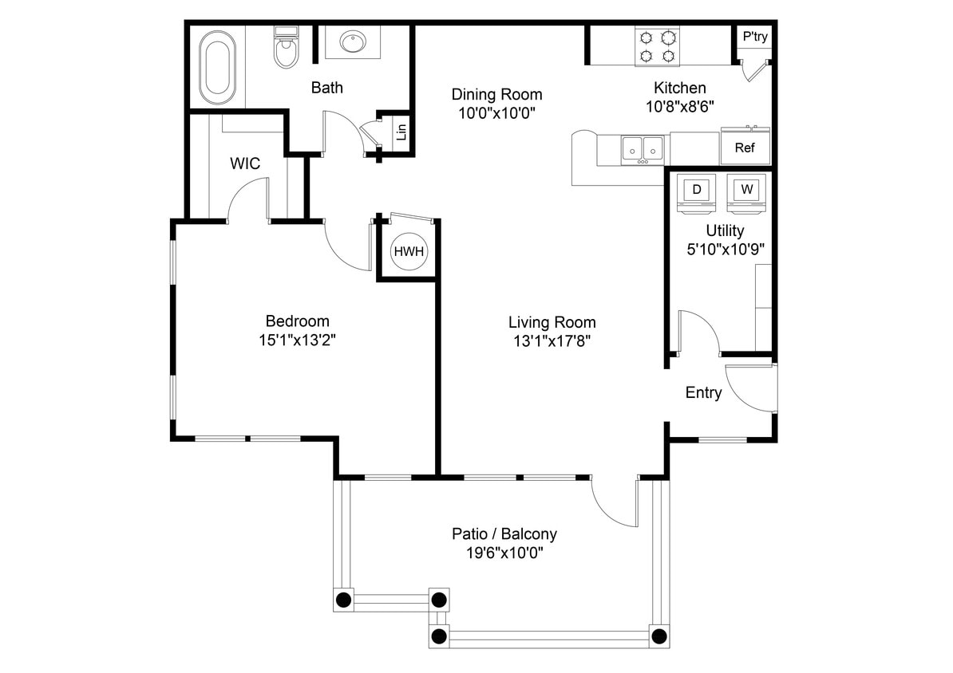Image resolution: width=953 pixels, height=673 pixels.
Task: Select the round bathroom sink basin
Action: coord(352,41)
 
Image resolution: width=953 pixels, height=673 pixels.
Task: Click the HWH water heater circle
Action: coord(409,252)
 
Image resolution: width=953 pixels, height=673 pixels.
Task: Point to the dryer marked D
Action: coord(697,191)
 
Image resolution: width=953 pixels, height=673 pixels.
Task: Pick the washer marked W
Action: coord(746,191)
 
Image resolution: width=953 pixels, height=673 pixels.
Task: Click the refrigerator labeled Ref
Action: coord(745,148)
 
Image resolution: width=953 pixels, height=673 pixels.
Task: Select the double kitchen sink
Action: coord(643,148)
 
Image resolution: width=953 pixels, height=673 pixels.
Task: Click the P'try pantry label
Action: coord(755,37)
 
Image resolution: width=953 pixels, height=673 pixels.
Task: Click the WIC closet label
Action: coord(245,163)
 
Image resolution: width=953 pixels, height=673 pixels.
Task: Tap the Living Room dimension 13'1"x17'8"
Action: coord(552,340)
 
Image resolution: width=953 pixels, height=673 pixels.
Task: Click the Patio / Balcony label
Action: coord(504,533)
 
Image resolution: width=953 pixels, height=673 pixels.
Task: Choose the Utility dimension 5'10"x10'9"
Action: coord(726,249)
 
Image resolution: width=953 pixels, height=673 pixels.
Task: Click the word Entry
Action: coord(703,392)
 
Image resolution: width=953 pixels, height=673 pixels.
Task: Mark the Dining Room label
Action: coord(496,94)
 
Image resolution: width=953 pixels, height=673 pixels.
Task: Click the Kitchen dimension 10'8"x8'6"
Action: coord(679,105)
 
